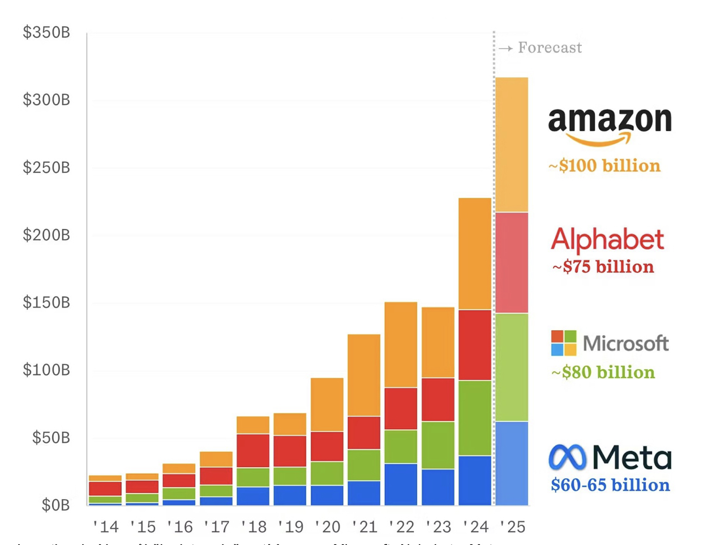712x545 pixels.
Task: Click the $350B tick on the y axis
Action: click(x=46, y=33)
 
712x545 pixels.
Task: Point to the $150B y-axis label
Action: click(x=46, y=302)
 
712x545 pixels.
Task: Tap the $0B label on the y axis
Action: click(x=55, y=505)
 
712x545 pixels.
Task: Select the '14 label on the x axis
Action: click(x=106, y=527)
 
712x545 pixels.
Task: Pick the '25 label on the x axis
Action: click(x=512, y=527)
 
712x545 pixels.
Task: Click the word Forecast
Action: click(x=550, y=48)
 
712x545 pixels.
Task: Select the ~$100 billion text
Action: click(x=604, y=166)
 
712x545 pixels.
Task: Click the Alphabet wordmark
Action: click(x=607, y=240)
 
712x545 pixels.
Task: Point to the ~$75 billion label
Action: click(x=603, y=267)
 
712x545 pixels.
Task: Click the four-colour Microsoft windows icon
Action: click(x=564, y=343)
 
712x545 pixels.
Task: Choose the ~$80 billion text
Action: click(x=603, y=373)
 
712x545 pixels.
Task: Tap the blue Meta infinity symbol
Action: click(x=567, y=457)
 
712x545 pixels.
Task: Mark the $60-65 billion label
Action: click(x=610, y=485)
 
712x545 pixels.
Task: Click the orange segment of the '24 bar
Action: click(x=475, y=254)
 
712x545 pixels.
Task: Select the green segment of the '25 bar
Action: click(x=512, y=367)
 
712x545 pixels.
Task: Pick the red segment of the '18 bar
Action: click(x=253, y=451)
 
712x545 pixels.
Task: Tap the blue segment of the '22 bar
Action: click(x=401, y=485)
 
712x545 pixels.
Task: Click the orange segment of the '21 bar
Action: click(x=364, y=375)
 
